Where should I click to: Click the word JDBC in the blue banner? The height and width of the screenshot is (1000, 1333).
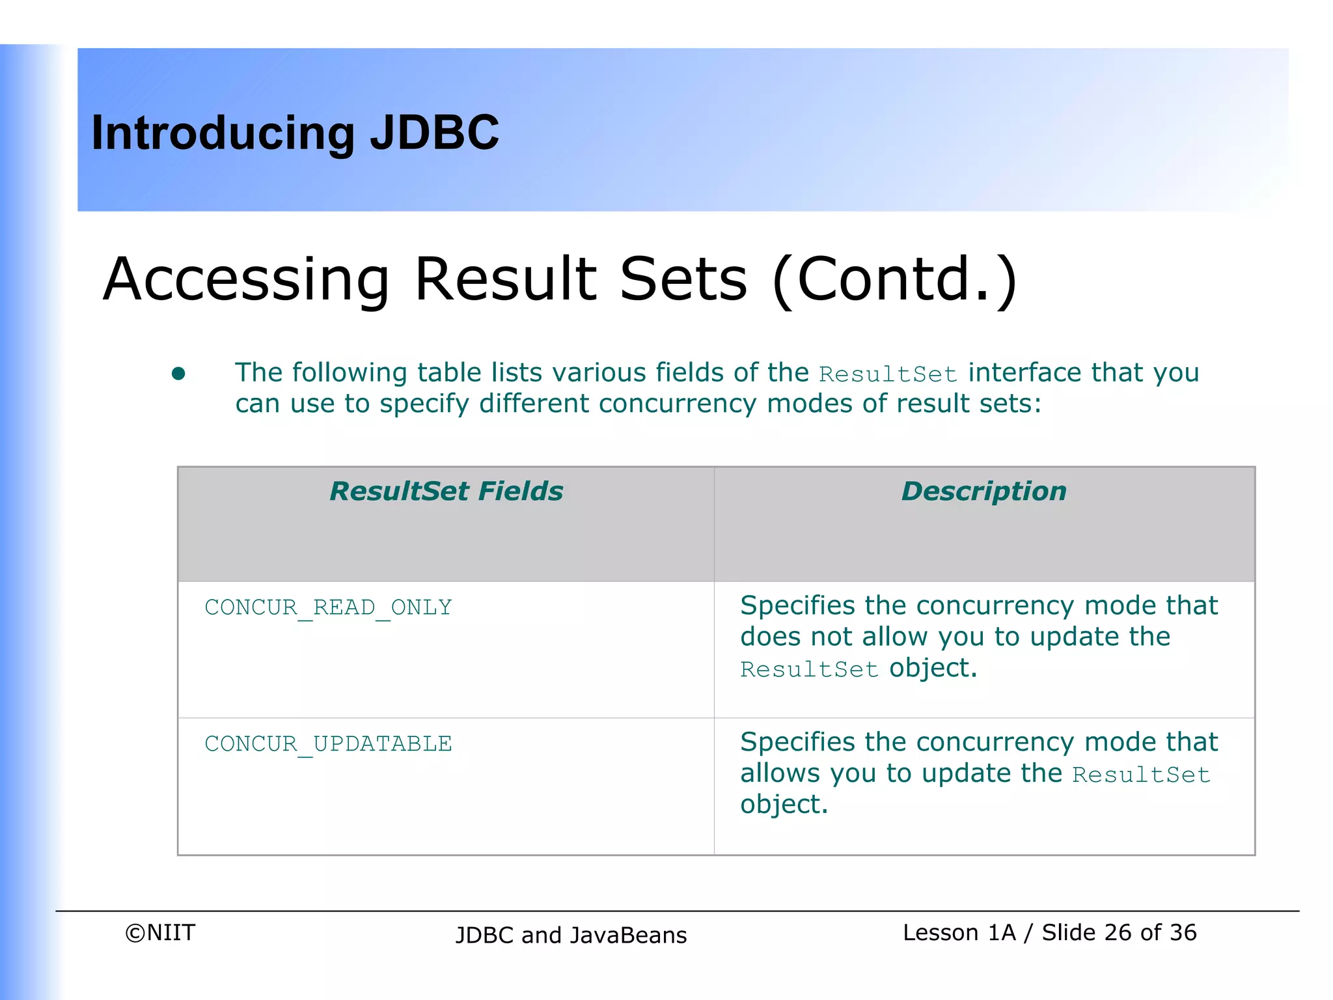pos(434,133)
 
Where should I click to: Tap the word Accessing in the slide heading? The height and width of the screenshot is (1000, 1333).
pos(246,280)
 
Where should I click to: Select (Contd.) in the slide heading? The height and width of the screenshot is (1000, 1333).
pos(894,280)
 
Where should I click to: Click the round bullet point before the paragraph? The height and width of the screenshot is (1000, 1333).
pos(178,374)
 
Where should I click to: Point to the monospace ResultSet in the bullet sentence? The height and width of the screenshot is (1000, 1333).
pos(888,374)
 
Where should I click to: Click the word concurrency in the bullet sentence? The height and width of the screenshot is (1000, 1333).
pos(677,404)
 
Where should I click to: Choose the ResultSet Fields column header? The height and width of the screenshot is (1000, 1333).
pos(446,492)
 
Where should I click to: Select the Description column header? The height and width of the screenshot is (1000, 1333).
pos(983,492)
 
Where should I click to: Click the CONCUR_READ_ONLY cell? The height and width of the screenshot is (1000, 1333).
pos(328,607)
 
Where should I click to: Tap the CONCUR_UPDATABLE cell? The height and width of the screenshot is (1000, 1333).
pos(328,744)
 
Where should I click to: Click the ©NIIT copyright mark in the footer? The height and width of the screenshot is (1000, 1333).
pos(160,933)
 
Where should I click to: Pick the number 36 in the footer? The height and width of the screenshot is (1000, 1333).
pos(1183,933)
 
